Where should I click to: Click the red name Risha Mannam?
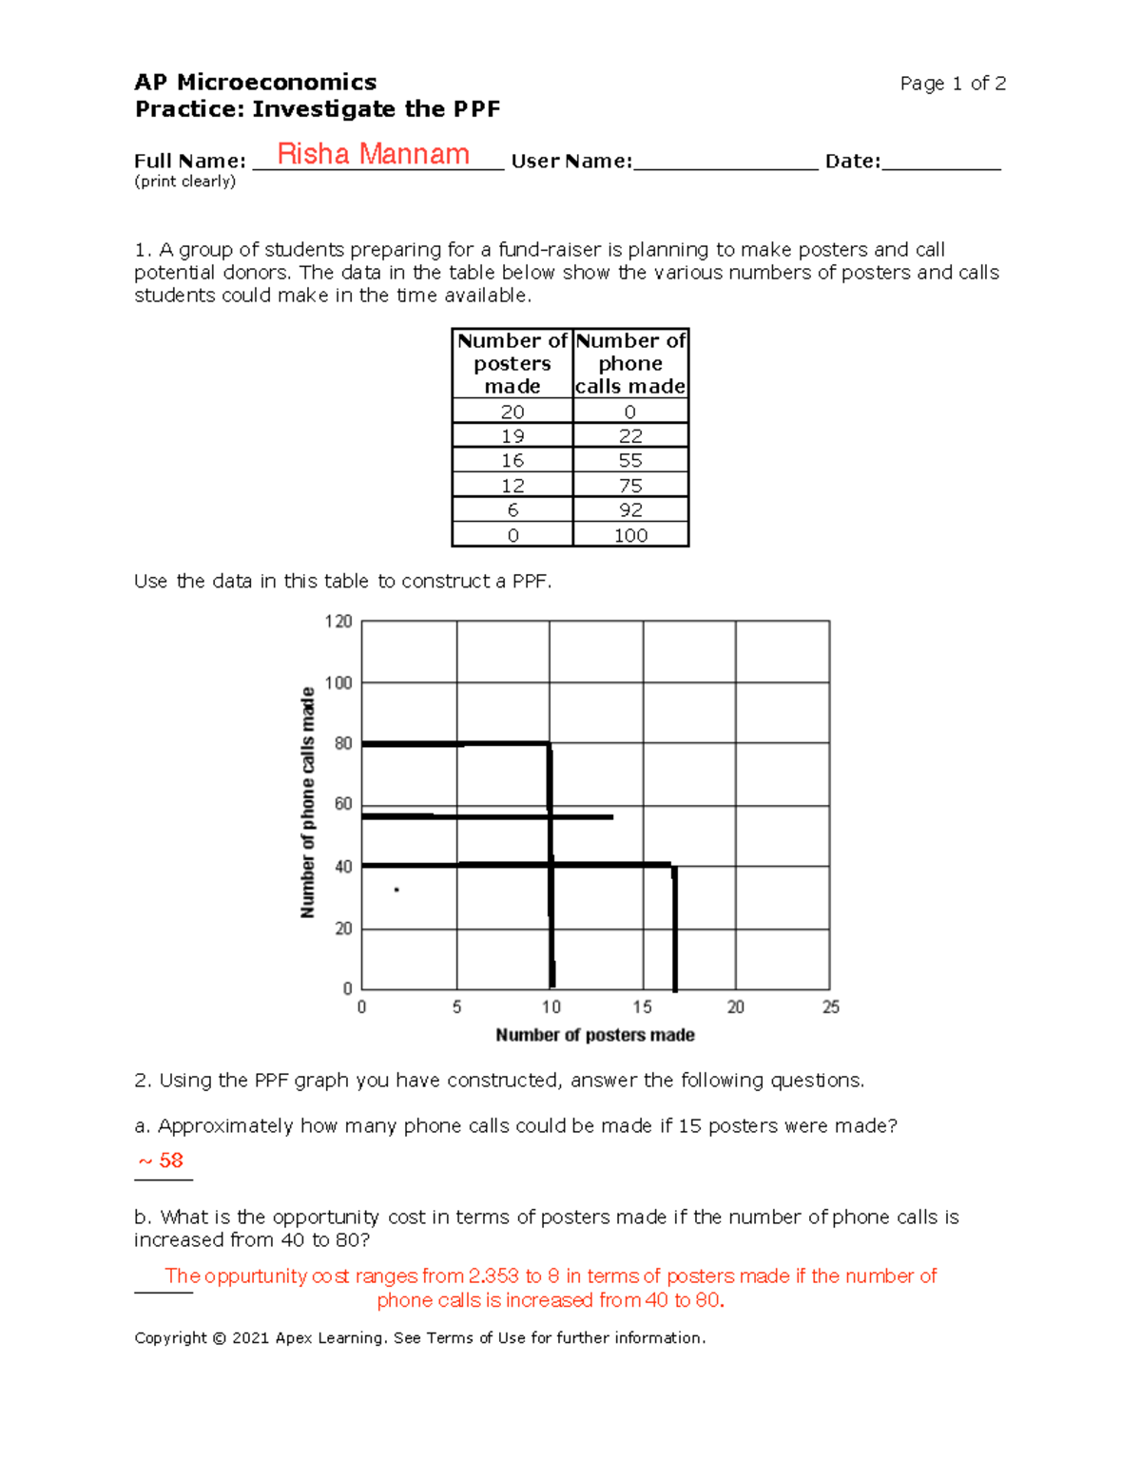[x=373, y=154]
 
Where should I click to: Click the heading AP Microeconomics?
[x=255, y=83]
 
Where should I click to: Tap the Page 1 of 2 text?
[x=952, y=84]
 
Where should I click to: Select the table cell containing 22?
[x=630, y=436]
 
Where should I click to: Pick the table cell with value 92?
[x=630, y=510]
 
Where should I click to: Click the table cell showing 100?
[x=630, y=535]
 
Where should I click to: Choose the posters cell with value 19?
[x=512, y=436]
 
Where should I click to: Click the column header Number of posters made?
[x=512, y=363]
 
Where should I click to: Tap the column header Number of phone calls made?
[x=630, y=363]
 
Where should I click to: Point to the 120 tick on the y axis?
[x=338, y=622]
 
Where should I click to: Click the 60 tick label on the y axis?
[x=342, y=804]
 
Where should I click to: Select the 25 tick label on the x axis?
[x=830, y=1007]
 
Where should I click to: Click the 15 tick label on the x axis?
[x=643, y=1007]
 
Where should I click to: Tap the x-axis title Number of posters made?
[x=595, y=1035]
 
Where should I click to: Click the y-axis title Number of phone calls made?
[x=307, y=803]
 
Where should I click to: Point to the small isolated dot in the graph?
[x=396, y=891]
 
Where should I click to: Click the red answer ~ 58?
[x=161, y=1160]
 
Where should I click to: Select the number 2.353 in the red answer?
[x=493, y=1276]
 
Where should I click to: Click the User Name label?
[x=571, y=162]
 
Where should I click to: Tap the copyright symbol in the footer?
[x=219, y=1338]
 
